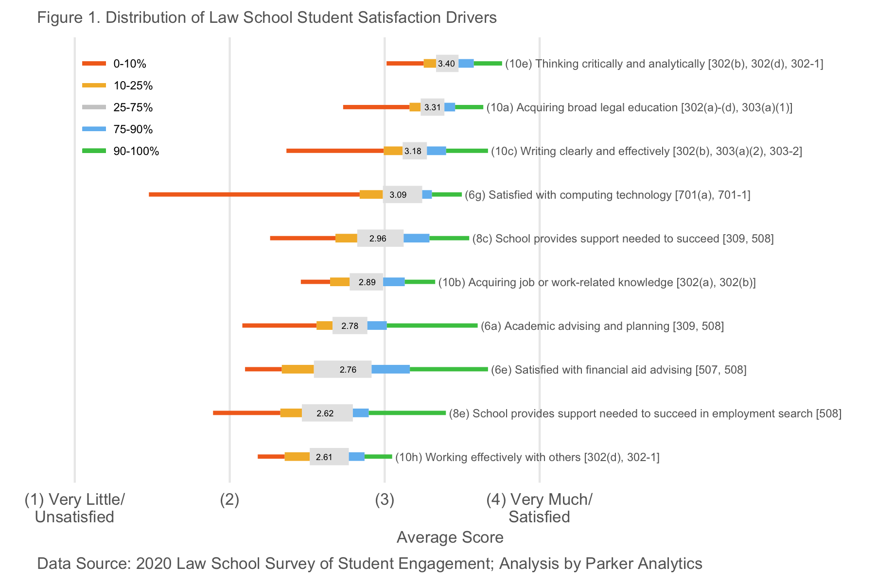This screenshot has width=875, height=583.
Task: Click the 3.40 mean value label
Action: click(446, 64)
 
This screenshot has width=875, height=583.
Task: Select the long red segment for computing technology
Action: click(254, 194)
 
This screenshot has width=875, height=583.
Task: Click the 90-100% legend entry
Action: click(121, 151)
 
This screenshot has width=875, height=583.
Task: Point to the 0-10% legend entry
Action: click(114, 64)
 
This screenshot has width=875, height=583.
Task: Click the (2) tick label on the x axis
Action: click(229, 499)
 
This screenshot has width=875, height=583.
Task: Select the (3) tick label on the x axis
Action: click(385, 499)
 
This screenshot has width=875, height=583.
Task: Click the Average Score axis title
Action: click(450, 537)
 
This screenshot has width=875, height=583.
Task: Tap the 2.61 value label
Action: click(324, 457)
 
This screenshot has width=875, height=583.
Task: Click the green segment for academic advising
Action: click(432, 326)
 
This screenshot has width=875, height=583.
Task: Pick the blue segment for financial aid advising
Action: click(391, 369)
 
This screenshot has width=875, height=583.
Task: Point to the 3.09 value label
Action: click(398, 195)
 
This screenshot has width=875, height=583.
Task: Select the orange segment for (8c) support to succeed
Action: click(346, 238)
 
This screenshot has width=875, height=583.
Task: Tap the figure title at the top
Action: click(267, 18)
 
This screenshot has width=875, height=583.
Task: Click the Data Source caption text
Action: click(369, 564)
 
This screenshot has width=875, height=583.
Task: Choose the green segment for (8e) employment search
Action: click(407, 413)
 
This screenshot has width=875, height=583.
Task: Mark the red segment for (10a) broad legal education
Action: click(376, 107)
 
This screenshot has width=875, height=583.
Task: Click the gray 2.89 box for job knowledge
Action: click(367, 282)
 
